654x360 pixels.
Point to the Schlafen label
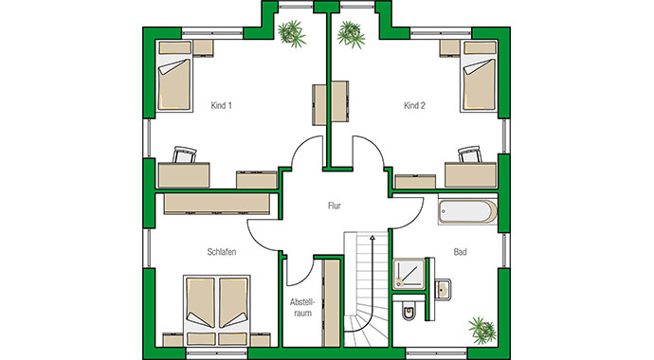click(x=221, y=252)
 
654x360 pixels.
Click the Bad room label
click(x=461, y=252)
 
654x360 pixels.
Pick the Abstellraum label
click(x=300, y=308)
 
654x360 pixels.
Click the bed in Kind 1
click(x=174, y=83)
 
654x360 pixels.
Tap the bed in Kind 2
click(x=477, y=83)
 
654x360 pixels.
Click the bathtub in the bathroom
click(x=466, y=212)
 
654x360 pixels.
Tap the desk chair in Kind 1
click(x=185, y=154)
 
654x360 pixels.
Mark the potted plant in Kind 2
click(x=352, y=32)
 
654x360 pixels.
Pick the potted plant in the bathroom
click(x=481, y=328)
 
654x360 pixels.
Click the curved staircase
click(x=364, y=294)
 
